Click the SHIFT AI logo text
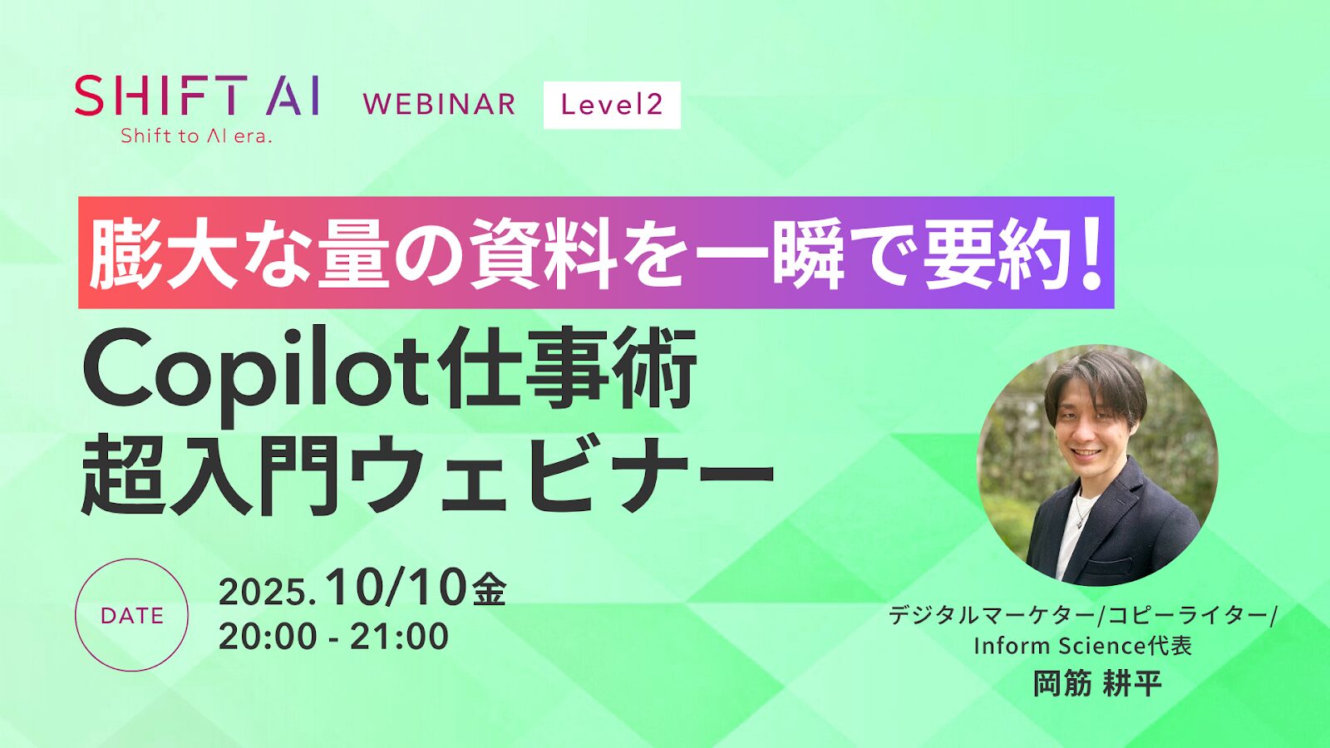[197, 96]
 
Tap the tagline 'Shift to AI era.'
[196, 136]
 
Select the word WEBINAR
[439, 105]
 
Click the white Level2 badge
[612, 105]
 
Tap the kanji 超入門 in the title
[211, 474]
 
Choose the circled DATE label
[131, 615]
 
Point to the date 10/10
[397, 588]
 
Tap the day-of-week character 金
[489, 591]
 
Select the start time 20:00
[268, 637]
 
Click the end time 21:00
[399, 637]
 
